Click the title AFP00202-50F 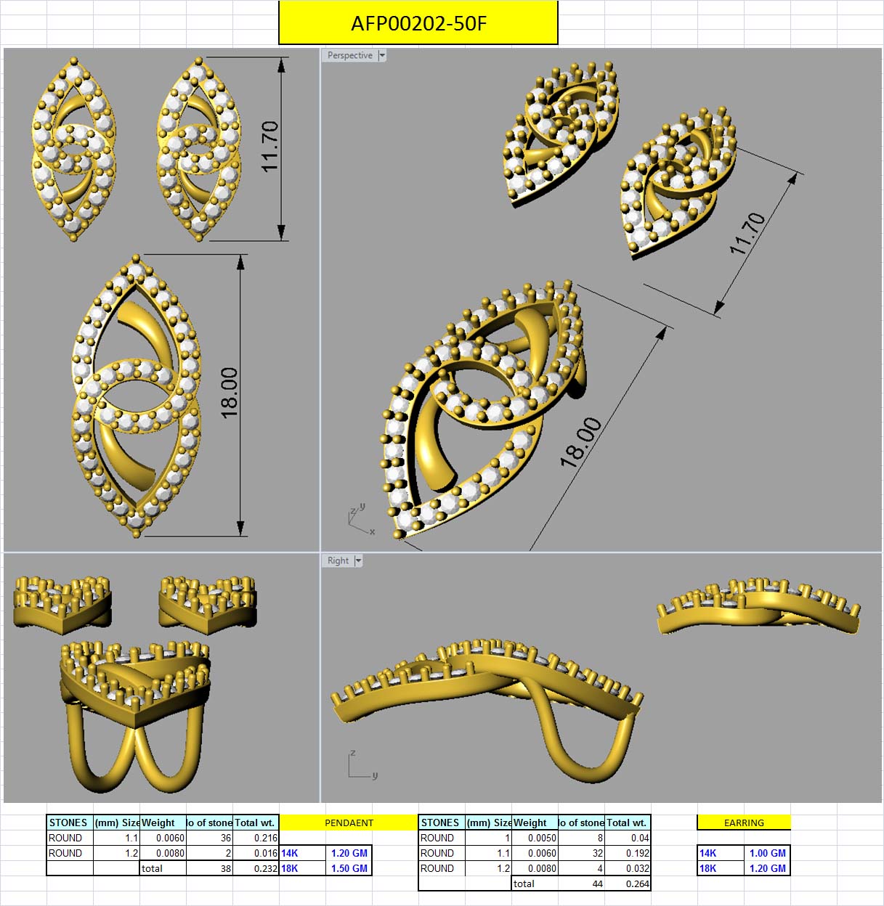pos(418,23)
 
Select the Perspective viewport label pos(349,55)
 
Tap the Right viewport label pos(338,560)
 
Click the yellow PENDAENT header pos(349,823)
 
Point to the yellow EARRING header pos(744,823)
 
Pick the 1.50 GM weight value pos(349,868)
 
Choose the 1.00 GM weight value pos(767,853)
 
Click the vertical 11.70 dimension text pos(270,146)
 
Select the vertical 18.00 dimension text pos(230,393)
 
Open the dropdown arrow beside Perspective pos(382,55)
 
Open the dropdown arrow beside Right pos(358,560)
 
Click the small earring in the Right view pos(758,606)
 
